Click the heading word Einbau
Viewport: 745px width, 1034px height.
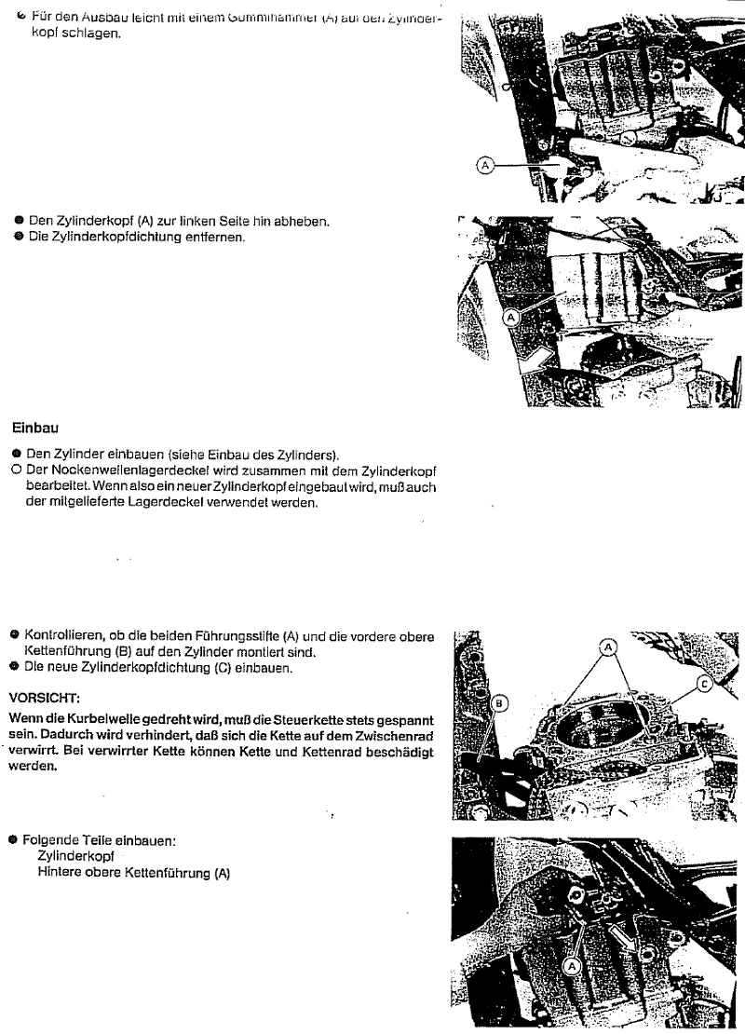[x=35, y=429]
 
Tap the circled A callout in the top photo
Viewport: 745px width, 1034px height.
[x=484, y=165]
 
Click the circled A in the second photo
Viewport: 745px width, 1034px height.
[x=510, y=317]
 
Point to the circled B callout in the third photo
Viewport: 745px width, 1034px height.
[x=497, y=703]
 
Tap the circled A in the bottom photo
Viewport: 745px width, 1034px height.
[x=573, y=966]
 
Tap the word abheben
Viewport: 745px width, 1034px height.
[x=304, y=221]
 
